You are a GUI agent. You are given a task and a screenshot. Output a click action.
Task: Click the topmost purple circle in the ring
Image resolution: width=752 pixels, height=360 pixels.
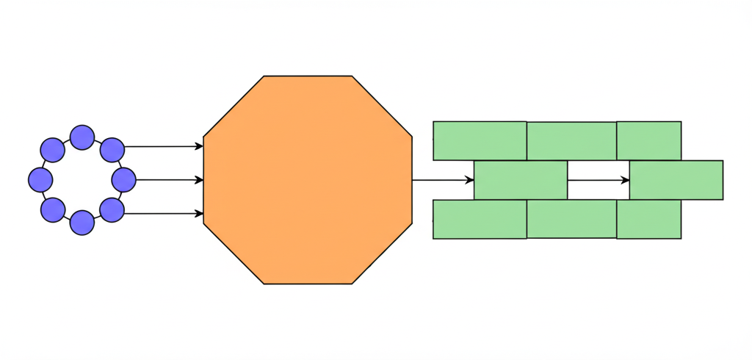[x=82, y=137]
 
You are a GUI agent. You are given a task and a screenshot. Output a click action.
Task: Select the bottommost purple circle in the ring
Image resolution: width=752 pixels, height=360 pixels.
[x=82, y=222]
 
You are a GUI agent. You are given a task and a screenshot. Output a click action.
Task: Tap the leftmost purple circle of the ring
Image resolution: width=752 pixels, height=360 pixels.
[x=40, y=179]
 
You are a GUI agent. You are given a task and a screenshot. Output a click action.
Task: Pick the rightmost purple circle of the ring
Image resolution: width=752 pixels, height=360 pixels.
[x=123, y=179]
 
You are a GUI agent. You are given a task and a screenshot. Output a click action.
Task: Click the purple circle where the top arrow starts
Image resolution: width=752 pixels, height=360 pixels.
[x=111, y=149]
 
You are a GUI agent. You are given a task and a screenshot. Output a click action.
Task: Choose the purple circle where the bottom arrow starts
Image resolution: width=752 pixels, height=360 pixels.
[x=111, y=210]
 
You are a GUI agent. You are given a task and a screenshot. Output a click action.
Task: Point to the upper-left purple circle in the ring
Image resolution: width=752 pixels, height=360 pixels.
[x=52, y=150]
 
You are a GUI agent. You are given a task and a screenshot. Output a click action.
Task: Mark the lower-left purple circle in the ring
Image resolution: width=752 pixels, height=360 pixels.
[x=52, y=210]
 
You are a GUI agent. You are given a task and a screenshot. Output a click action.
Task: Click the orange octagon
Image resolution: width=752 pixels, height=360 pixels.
[x=308, y=179]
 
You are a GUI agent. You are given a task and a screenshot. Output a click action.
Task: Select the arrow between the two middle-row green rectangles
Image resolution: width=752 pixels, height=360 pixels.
[x=598, y=179]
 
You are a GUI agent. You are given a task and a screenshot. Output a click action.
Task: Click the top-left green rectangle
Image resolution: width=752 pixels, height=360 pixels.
[x=480, y=140]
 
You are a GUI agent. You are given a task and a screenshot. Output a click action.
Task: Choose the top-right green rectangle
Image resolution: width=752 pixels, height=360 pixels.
[x=648, y=140]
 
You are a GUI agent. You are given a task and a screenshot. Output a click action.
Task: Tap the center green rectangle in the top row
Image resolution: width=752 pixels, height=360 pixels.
[x=571, y=140]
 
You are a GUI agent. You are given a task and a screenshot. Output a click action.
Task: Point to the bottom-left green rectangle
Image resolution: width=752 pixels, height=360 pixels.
[x=480, y=219]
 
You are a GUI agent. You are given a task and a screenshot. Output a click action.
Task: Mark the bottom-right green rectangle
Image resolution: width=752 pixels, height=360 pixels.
[x=648, y=219]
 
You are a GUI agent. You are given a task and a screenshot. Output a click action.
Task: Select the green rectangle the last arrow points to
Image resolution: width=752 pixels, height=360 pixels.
[x=676, y=179]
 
